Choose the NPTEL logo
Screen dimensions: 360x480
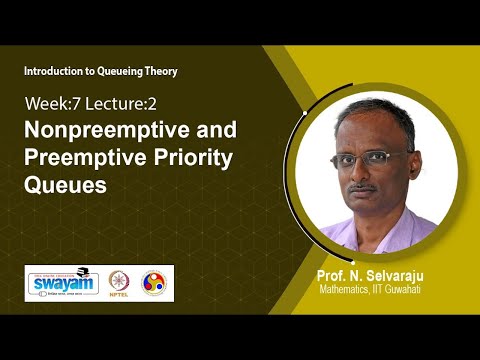(x=118, y=283)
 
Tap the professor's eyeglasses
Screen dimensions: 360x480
(x=376, y=160)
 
